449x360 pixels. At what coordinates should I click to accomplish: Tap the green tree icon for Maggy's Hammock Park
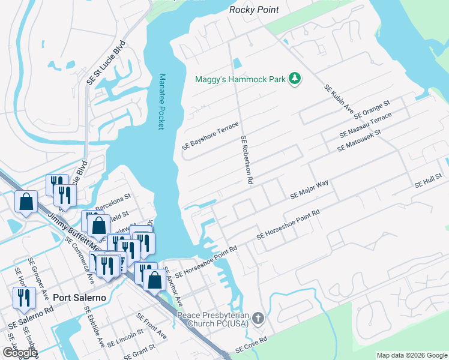pos(295,79)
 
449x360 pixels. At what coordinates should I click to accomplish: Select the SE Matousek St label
pos(359,139)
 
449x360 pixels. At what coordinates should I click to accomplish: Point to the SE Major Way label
pos(309,189)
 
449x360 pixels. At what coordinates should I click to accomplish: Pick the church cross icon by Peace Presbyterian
pos(258,319)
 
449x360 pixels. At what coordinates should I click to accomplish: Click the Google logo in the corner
pos(19,353)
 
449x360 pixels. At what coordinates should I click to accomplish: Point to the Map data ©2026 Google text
pos(411,355)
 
